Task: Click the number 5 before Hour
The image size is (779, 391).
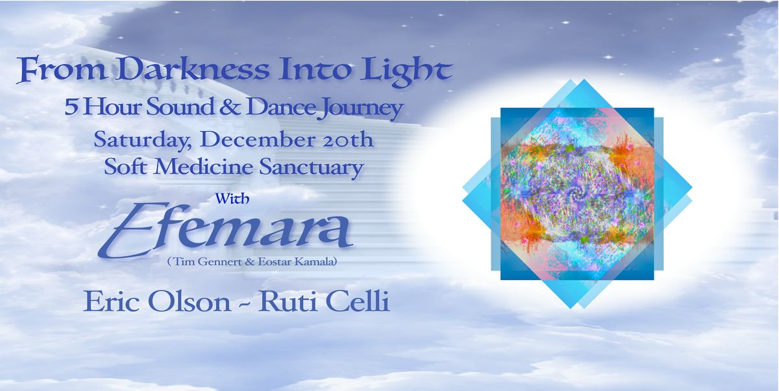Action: coord(69,108)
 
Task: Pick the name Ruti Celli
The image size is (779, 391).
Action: coord(324,303)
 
